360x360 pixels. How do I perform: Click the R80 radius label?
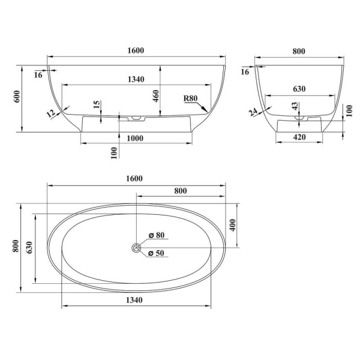tap(191, 98)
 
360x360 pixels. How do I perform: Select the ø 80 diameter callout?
tap(157, 235)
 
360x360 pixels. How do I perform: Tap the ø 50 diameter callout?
tap(156, 253)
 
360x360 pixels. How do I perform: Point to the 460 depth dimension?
tap(156, 96)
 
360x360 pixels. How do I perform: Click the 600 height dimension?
tap(17, 97)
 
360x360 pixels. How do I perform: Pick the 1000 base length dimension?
tap(135, 139)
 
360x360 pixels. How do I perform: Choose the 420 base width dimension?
tap(299, 137)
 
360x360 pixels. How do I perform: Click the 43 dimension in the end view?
tap(295, 106)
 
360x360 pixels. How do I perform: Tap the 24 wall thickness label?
tap(253, 112)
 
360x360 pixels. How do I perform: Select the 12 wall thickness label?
tap(51, 113)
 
